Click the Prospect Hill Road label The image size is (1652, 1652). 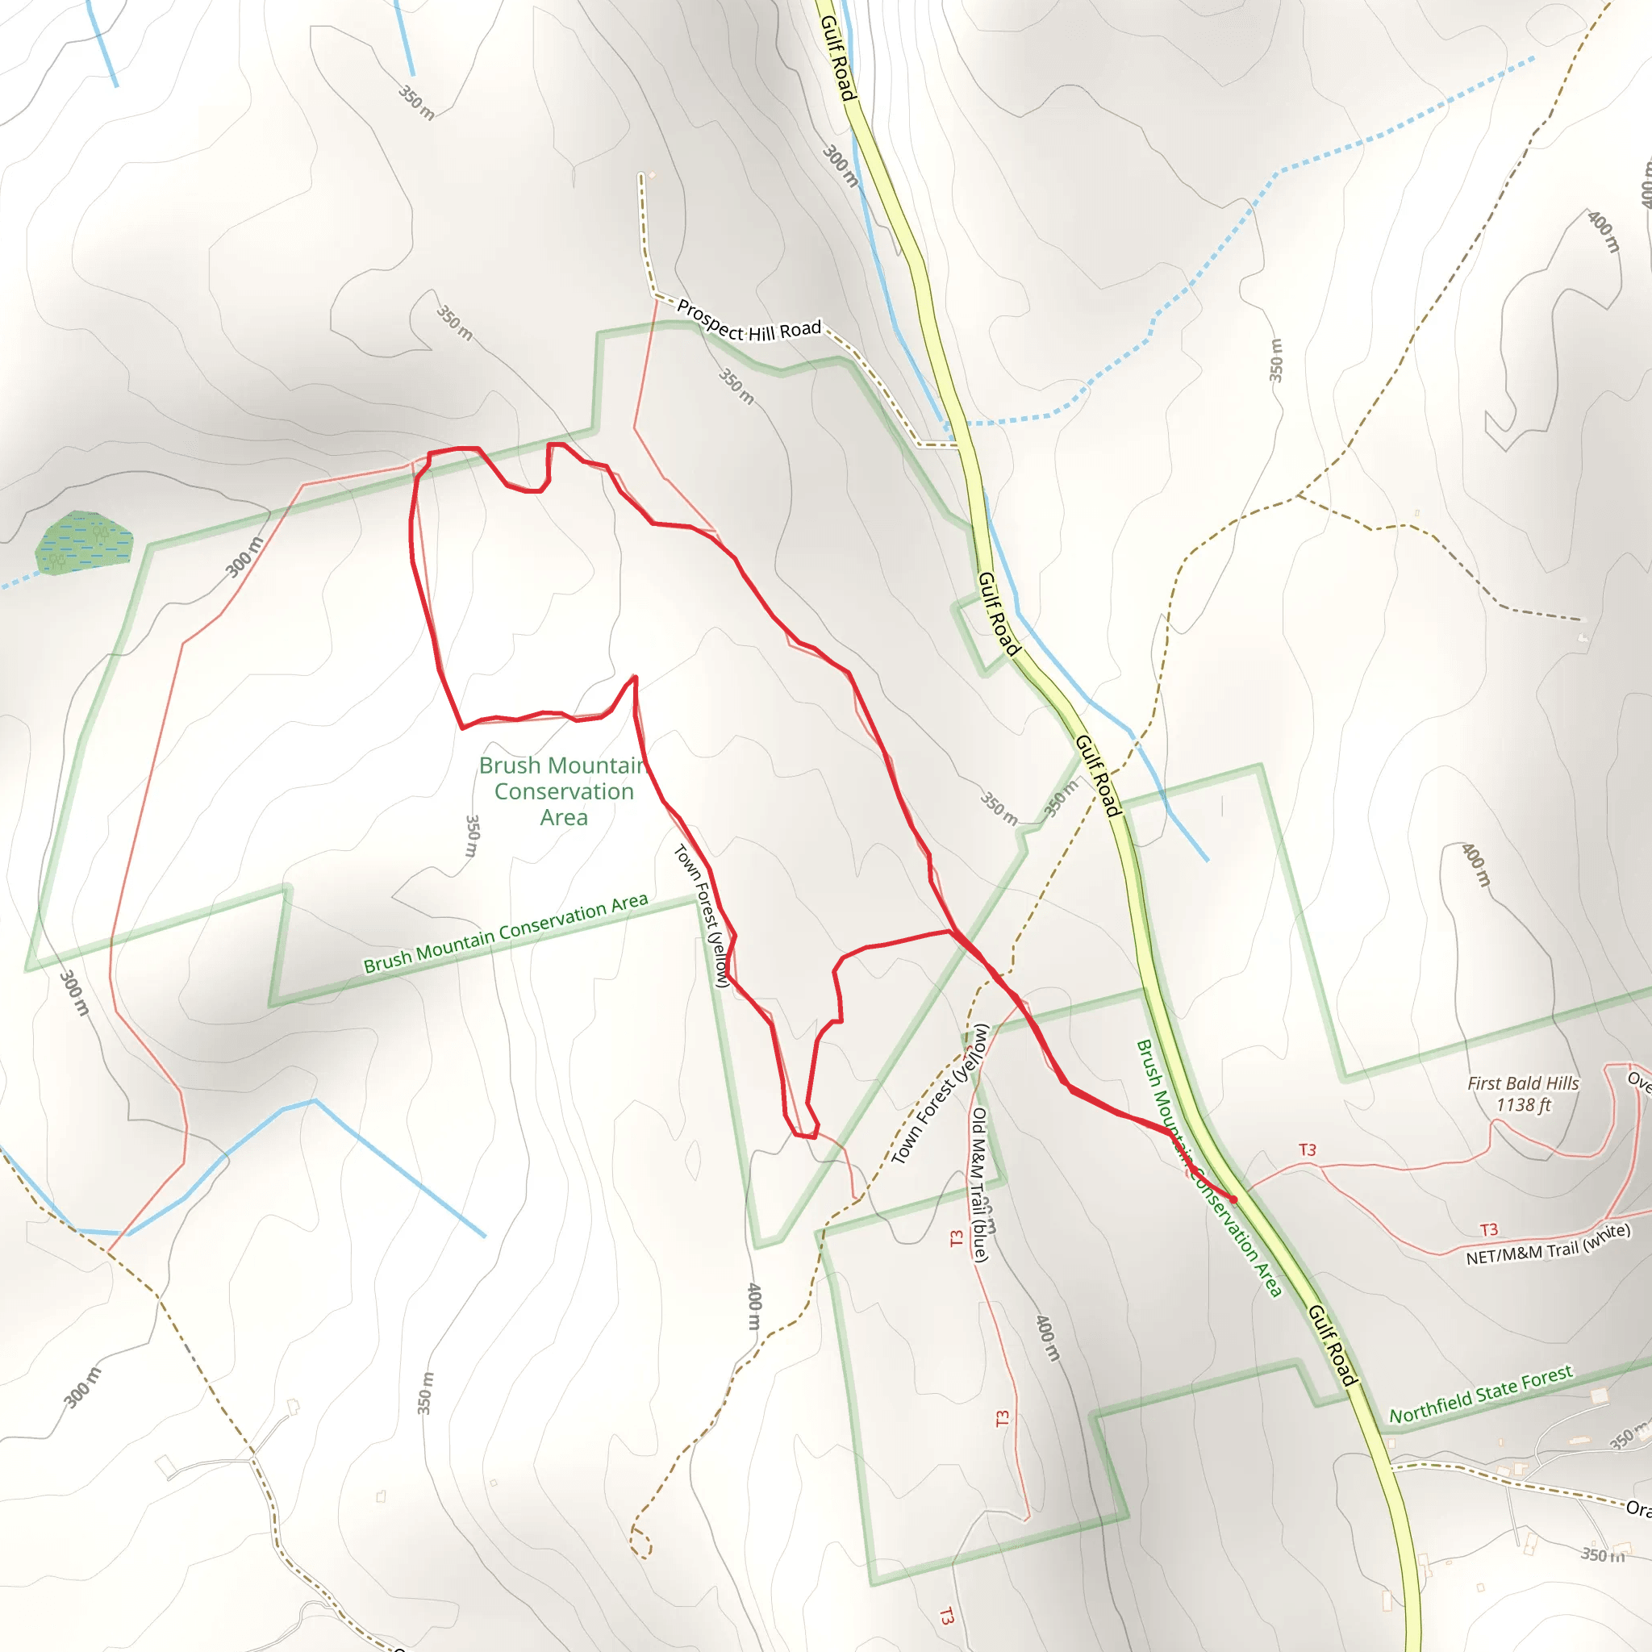[749, 322]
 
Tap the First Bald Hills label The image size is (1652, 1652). [1523, 1083]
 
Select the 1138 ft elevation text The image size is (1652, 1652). [1523, 1105]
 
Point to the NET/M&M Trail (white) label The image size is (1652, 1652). [1548, 1245]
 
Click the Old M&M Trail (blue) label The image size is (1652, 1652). [980, 1184]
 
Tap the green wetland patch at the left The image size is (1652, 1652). [84, 541]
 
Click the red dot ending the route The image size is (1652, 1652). [1233, 1199]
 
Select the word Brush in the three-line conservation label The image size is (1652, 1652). [510, 766]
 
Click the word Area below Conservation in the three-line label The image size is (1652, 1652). [564, 817]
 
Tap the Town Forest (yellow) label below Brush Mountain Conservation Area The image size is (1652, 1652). [701, 916]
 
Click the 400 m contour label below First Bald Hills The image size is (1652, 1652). [1475, 866]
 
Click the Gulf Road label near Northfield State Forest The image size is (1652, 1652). [1333, 1345]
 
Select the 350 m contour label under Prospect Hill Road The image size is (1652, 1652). [736, 386]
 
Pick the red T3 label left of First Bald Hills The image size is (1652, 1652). [1308, 1150]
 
